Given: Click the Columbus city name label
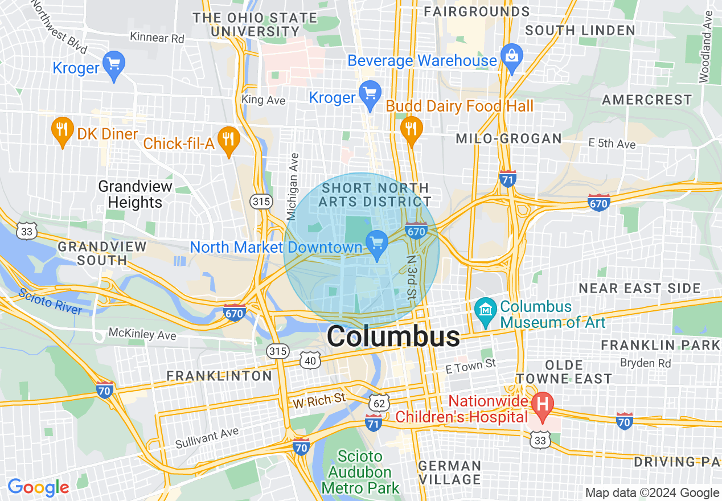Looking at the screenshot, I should (x=393, y=336).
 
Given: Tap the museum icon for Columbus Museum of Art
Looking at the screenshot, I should (x=485, y=311).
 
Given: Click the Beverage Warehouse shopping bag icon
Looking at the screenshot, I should (x=511, y=56).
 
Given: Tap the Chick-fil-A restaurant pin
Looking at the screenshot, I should (x=228, y=139).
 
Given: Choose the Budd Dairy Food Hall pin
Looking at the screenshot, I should (x=411, y=129).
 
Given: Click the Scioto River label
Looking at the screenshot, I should (x=50, y=302).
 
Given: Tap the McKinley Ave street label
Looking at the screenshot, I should (x=142, y=334).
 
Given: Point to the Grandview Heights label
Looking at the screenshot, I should (x=136, y=194).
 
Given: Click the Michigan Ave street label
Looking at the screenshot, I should (x=293, y=186).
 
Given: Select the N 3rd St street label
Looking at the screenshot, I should (x=411, y=276).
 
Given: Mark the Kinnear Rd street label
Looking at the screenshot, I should (x=157, y=38).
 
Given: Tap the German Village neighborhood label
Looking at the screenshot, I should (x=450, y=473).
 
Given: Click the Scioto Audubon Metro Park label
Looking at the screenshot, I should (x=360, y=472).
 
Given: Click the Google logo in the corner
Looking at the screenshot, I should (x=38, y=487).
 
